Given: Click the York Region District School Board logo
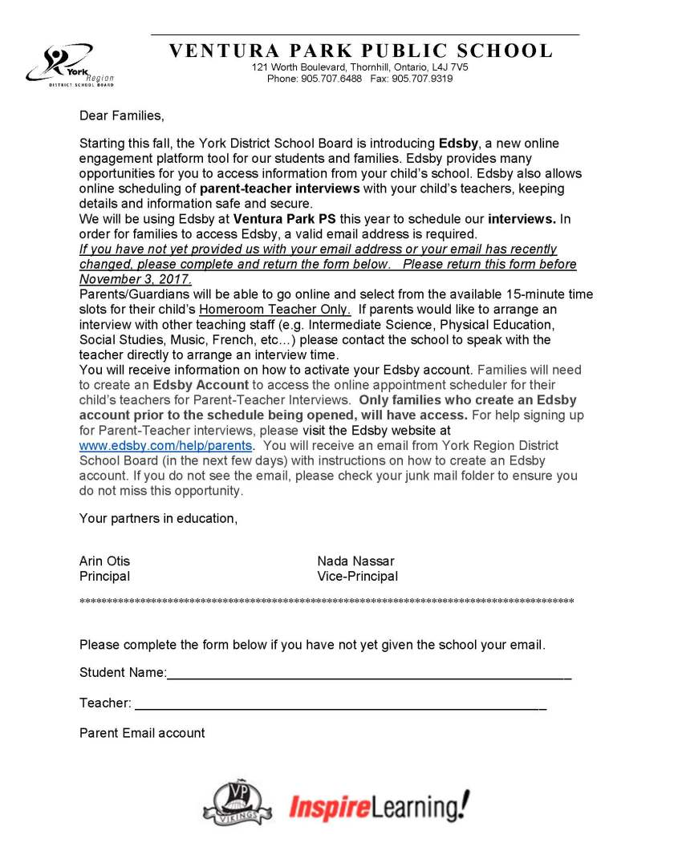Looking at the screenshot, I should pyautogui.click(x=71, y=65).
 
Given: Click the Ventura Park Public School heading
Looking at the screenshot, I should pyautogui.click(x=360, y=51).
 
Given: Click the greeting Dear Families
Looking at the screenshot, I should pyautogui.click(x=121, y=115).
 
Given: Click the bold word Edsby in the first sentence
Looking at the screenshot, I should pyautogui.click(x=458, y=144).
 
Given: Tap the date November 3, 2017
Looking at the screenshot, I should pyautogui.click(x=136, y=279).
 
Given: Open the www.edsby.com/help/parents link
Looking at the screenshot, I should pyautogui.click(x=166, y=445).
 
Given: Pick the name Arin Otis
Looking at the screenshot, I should pyautogui.click(x=104, y=561).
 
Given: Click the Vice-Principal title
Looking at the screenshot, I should pyautogui.click(x=357, y=577).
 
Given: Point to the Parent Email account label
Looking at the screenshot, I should pyautogui.click(x=142, y=733).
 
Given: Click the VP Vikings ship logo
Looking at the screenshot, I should pyautogui.click(x=238, y=802).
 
